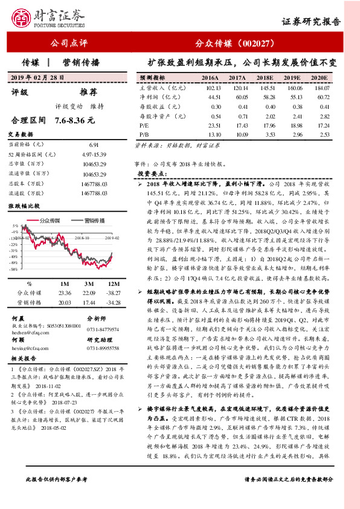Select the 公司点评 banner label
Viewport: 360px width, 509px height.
(69, 44)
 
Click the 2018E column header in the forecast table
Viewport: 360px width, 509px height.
(264, 78)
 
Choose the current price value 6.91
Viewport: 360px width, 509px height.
(93, 145)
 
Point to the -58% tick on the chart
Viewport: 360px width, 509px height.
(14, 270)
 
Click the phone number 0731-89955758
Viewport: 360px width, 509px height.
(104, 349)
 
